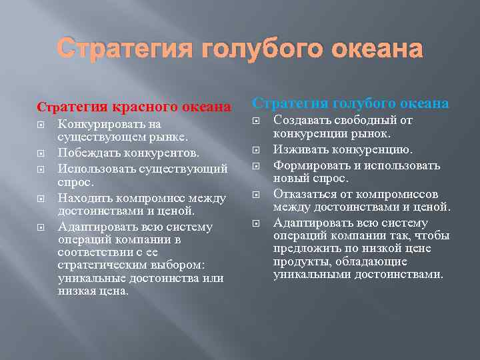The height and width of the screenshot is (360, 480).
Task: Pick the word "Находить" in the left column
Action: pos(83,198)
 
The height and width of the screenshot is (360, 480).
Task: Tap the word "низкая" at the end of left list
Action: pos(77,291)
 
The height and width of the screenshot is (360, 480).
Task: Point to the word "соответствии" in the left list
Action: pos(92,253)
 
